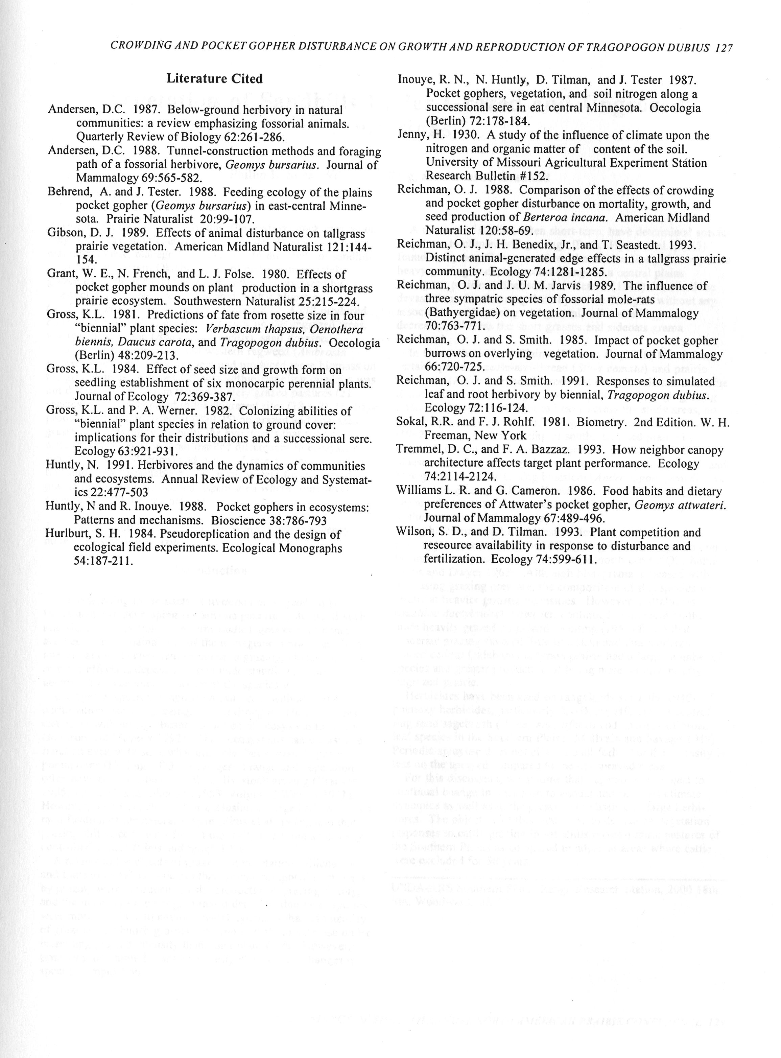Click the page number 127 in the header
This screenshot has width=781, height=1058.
[723, 47]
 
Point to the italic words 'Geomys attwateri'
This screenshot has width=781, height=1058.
[680, 505]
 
